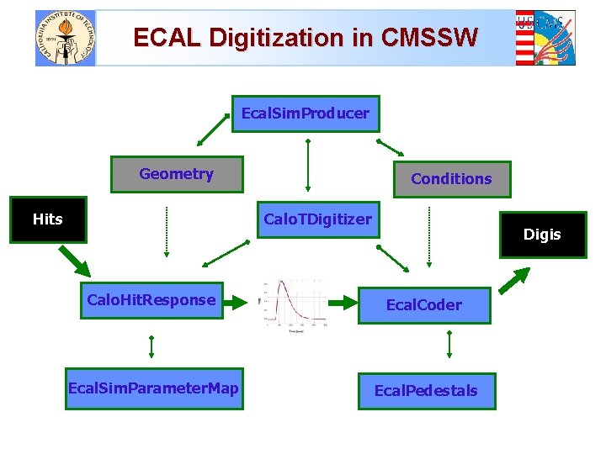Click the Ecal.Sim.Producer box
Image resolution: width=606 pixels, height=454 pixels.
(x=305, y=113)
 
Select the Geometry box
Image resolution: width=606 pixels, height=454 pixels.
(x=177, y=174)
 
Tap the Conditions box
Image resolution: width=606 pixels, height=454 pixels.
(x=451, y=179)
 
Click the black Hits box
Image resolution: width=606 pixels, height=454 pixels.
(x=48, y=219)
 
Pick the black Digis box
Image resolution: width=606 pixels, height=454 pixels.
(x=541, y=235)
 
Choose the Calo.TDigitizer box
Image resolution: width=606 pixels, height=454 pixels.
(x=317, y=219)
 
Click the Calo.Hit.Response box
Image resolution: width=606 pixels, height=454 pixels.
(x=151, y=300)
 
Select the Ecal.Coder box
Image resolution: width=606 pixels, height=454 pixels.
(x=423, y=304)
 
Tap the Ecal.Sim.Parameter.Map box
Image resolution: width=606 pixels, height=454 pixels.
(x=153, y=388)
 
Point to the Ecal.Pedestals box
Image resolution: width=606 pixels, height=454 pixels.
(x=426, y=391)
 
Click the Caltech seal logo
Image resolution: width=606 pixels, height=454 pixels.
(x=66, y=38)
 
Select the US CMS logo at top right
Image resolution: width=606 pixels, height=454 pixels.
(x=545, y=38)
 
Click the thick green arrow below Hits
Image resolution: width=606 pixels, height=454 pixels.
(x=73, y=261)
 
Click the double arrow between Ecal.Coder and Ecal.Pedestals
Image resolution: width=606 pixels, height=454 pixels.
(x=449, y=345)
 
